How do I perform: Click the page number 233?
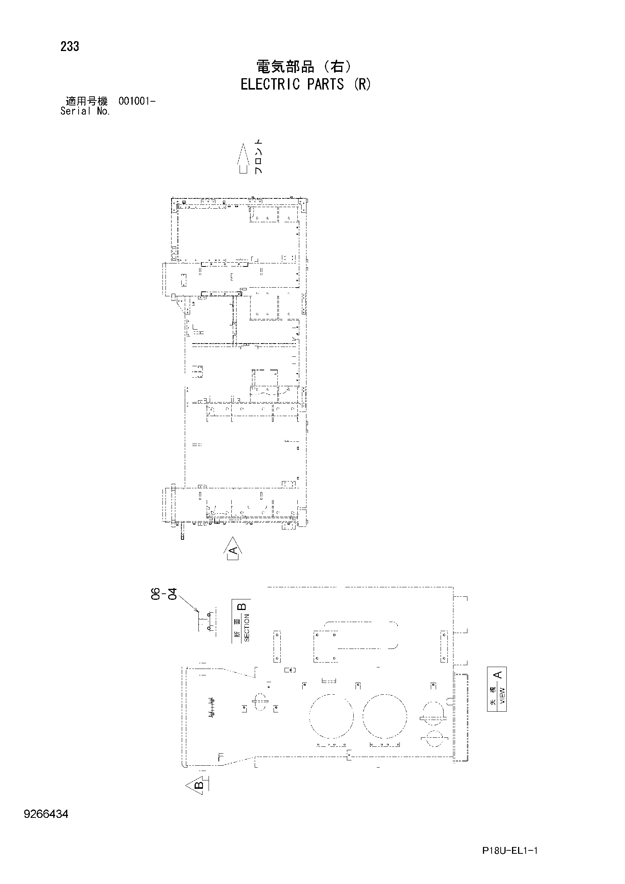70,46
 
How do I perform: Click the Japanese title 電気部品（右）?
305,67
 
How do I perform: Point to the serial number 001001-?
137,102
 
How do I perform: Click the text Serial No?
85,111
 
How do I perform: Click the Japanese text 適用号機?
87,102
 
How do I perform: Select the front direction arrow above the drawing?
243,158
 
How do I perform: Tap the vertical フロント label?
259,157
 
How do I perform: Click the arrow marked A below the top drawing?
232,548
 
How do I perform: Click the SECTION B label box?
241,621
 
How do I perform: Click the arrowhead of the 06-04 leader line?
198,612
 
